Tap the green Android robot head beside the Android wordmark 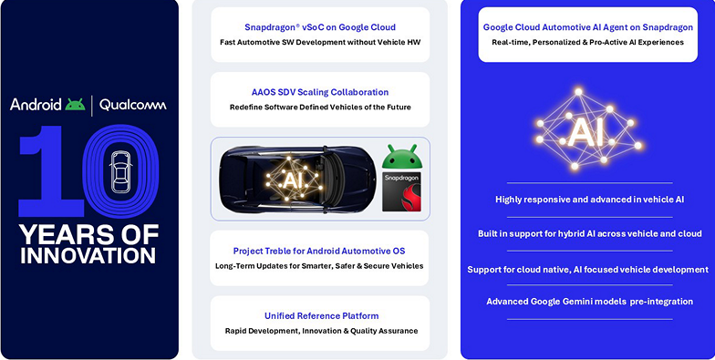coord(75,104)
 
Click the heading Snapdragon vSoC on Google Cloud coord(320,27)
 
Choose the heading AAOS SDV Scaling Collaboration coord(320,92)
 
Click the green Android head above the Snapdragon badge coord(402,156)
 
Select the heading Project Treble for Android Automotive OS coord(320,251)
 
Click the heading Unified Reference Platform coord(320,315)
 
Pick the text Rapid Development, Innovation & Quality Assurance coord(320,331)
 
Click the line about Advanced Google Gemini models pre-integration coord(589,301)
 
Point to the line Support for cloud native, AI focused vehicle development coord(589,269)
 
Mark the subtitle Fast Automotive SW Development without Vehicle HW coord(320,43)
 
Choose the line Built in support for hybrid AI coord(589,234)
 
